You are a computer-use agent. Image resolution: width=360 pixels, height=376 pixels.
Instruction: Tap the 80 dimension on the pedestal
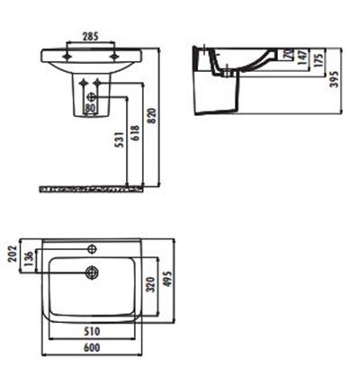click(89, 108)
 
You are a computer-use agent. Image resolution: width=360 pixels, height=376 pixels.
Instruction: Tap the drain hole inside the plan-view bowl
click(90, 271)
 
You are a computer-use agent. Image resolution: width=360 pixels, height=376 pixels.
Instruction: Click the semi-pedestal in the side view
click(216, 94)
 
